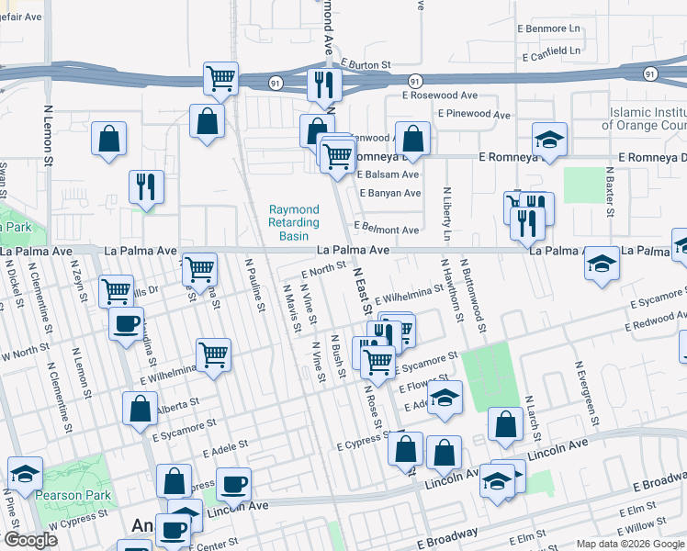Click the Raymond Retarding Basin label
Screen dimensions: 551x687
tap(294, 222)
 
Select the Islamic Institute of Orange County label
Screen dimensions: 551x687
tap(648, 118)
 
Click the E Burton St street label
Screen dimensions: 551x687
tap(366, 65)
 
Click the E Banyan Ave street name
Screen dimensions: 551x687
tap(389, 194)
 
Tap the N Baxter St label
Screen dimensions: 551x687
tap(609, 193)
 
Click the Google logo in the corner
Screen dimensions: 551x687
tap(29, 540)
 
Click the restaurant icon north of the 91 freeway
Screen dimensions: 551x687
tap(322, 84)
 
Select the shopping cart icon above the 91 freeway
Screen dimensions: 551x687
tap(221, 78)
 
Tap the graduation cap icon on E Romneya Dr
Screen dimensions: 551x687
tap(549, 140)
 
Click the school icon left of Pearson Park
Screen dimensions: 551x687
tap(25, 473)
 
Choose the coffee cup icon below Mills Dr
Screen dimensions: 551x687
tap(126, 323)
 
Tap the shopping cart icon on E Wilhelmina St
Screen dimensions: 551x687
tap(213, 354)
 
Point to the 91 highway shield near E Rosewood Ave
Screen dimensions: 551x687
tap(415, 81)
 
